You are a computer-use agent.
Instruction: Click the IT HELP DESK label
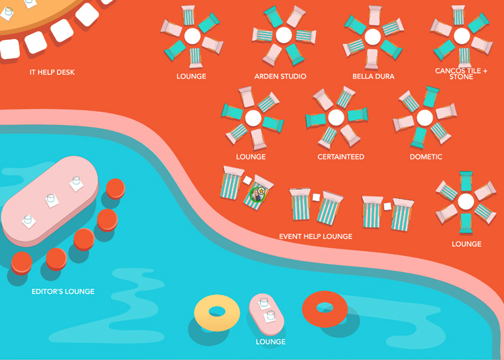point(52,72)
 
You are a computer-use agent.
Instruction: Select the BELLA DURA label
point(373,77)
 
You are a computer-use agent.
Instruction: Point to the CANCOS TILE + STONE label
point(461,73)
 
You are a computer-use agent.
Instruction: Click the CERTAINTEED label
point(340,157)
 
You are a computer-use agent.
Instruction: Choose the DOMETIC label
point(425,157)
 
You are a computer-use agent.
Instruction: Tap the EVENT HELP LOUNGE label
point(315,236)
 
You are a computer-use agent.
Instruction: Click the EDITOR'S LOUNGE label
point(63,291)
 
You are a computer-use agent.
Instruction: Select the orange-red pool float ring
point(325,308)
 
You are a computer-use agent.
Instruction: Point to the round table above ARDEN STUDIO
point(283,35)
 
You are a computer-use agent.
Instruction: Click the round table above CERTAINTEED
point(336,117)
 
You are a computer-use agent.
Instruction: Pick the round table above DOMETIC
point(425,118)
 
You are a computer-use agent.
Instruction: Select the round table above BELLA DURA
point(372,37)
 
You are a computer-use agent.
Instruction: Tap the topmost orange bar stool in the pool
point(115,188)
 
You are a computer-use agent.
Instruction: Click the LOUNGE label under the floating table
point(270,342)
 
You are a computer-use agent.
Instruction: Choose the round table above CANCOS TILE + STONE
point(461,35)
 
